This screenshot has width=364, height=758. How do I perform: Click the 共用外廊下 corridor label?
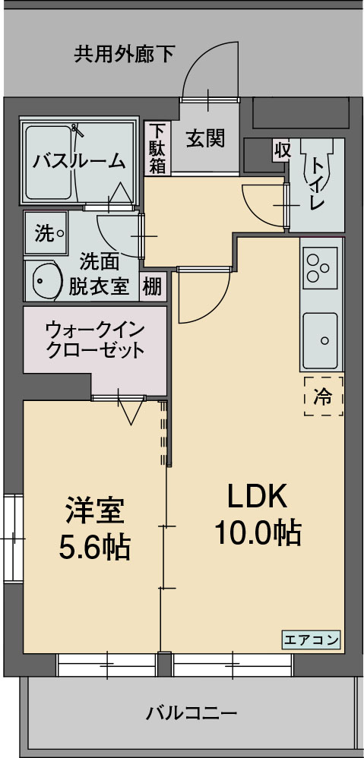[124, 54]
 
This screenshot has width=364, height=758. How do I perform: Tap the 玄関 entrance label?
[205, 138]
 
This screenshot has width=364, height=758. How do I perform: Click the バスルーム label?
[79, 160]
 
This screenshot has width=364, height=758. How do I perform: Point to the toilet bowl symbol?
[315, 169]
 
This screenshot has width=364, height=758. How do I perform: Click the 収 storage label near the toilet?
[282, 150]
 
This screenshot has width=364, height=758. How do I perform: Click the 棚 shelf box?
[152, 287]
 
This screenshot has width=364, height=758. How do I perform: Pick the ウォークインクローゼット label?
[94, 340]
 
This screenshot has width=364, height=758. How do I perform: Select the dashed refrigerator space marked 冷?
[324, 396]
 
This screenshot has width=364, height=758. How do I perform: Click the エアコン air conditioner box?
[312, 639]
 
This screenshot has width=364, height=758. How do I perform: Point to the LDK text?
[257, 497]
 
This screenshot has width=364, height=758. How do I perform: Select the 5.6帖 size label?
[94, 546]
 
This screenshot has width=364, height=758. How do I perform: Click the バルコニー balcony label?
[191, 713]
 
